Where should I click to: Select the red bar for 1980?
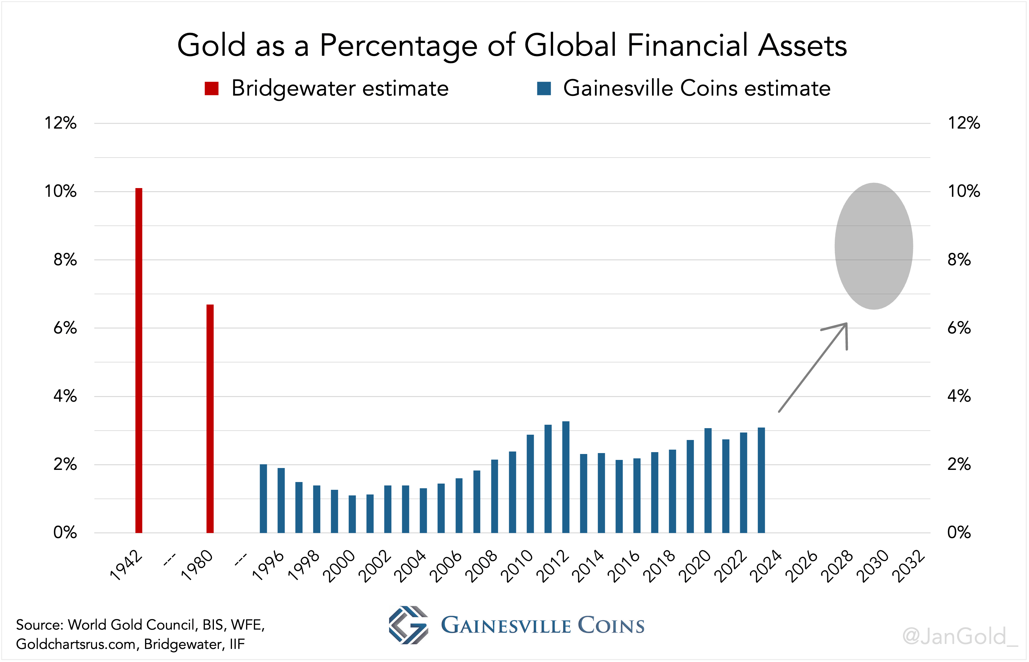pyautogui.click(x=210, y=419)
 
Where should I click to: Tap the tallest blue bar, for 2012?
pyautogui.click(x=566, y=477)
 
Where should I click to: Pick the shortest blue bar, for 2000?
pyautogui.click(x=352, y=514)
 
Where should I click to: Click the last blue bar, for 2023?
pyautogui.click(x=761, y=480)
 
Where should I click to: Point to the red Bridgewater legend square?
pyautogui.click(x=211, y=88)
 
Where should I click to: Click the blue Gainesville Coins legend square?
pyautogui.click(x=544, y=88)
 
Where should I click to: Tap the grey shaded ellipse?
pyautogui.click(x=874, y=246)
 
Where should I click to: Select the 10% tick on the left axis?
pyautogui.click(x=61, y=191)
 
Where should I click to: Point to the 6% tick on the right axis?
pyautogui.click(x=959, y=328)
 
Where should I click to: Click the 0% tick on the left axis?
pyautogui.click(x=65, y=532)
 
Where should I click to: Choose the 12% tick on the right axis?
pyautogui.click(x=964, y=123)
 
